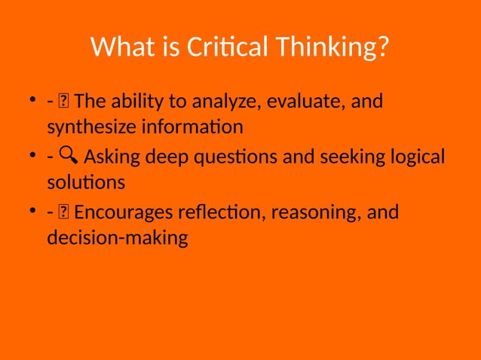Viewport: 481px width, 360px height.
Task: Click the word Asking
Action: (x=111, y=157)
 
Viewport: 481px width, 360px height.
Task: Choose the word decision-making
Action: (x=117, y=239)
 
